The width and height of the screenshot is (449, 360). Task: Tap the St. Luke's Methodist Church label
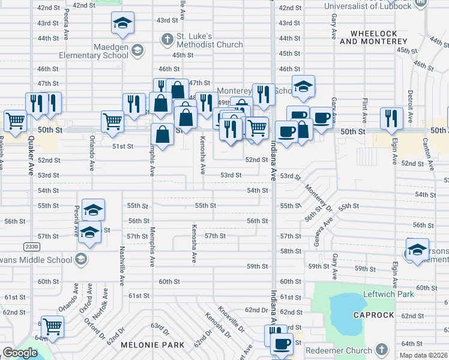[209, 40]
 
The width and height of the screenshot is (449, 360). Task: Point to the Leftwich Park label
[389, 295]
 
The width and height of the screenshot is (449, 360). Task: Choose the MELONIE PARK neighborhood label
[146, 345]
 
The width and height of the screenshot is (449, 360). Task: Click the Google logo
[20, 353]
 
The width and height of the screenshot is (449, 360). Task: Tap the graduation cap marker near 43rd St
[122, 23]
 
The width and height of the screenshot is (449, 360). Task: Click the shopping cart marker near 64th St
[52, 328]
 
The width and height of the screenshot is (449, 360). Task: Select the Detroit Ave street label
[411, 103]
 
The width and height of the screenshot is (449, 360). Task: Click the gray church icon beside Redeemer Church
[381, 350]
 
